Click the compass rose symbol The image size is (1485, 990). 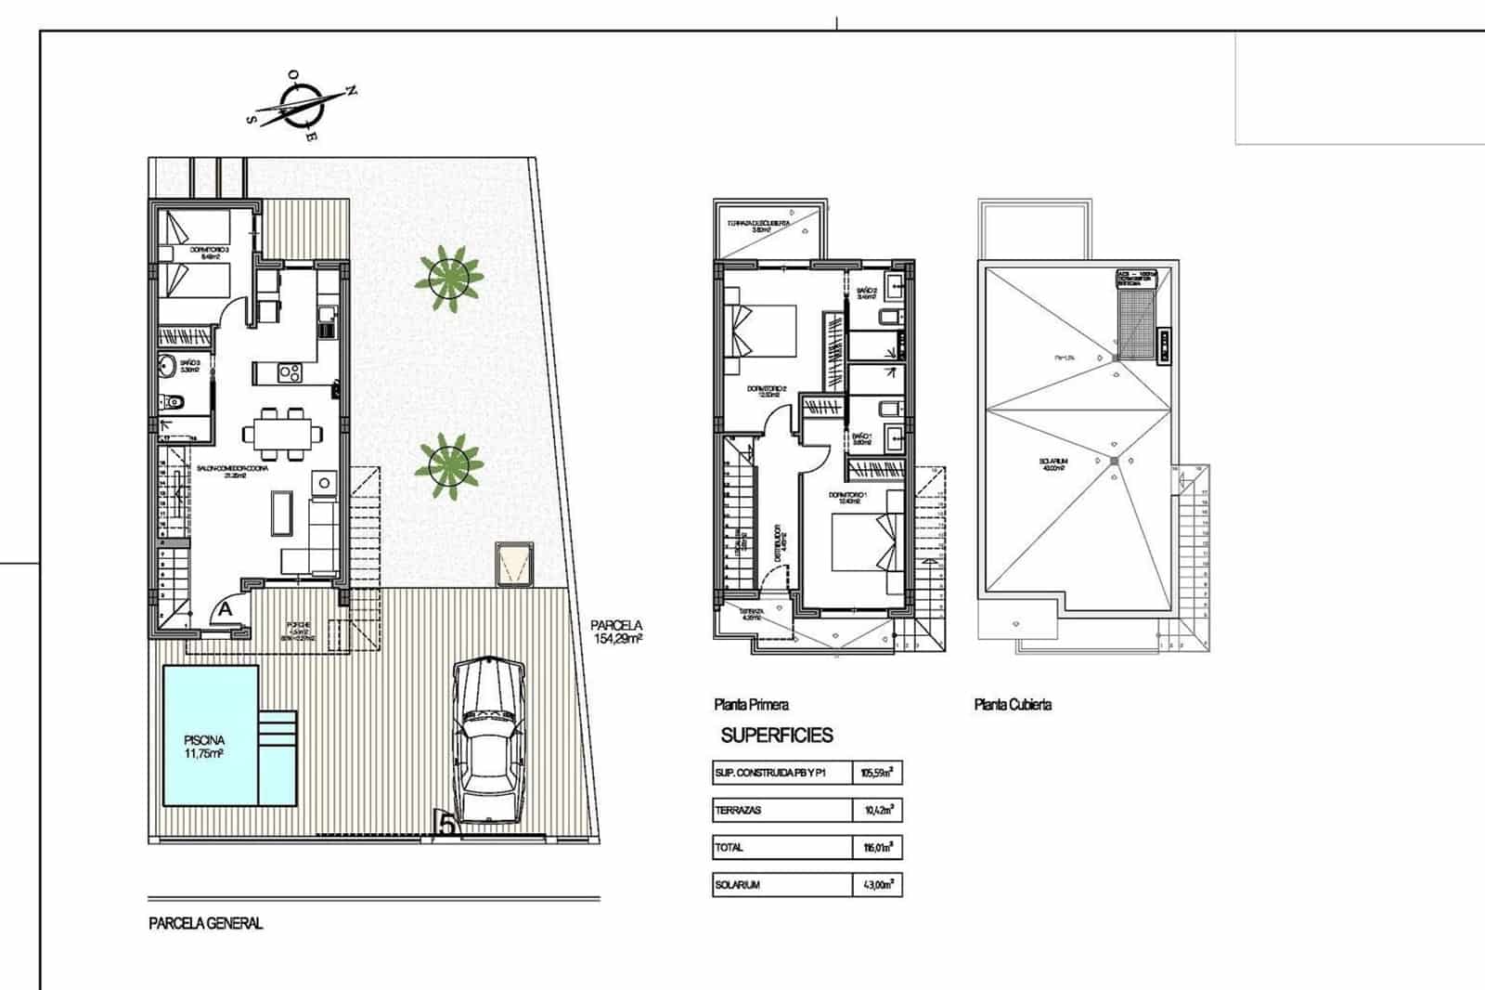click(300, 106)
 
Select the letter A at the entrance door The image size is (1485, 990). click(225, 610)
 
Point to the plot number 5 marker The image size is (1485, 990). click(446, 825)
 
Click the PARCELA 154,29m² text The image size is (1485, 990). click(616, 632)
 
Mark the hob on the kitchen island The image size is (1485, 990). click(290, 373)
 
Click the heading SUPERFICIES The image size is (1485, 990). click(777, 736)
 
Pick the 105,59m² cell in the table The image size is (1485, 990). click(876, 773)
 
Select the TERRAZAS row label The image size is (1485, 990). click(739, 810)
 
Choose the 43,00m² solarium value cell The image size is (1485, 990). click(876, 885)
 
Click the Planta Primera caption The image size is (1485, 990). click(751, 705)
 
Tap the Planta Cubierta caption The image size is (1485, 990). click(1013, 705)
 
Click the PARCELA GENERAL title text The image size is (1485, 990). click(205, 923)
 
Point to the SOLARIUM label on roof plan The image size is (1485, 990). click(1053, 463)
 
